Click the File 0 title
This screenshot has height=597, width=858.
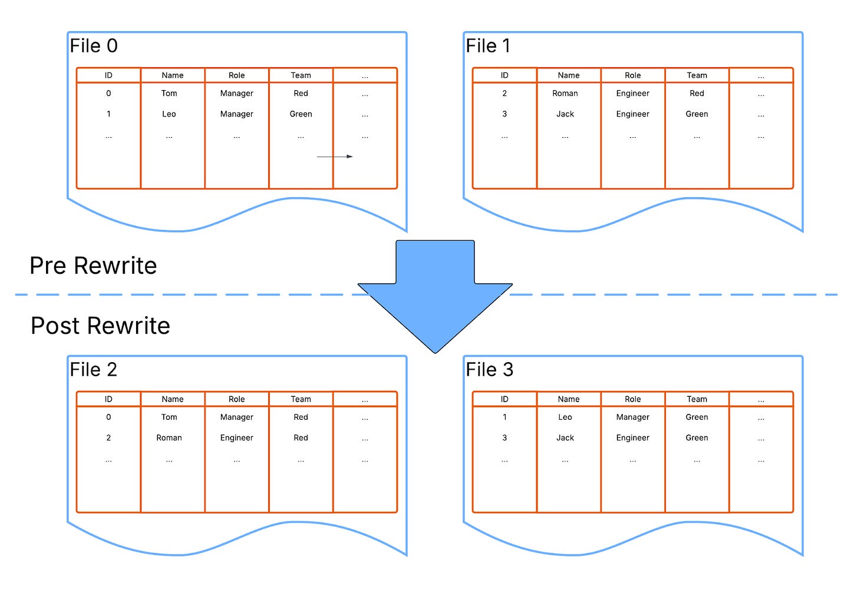[94, 46]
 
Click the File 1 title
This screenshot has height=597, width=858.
[488, 46]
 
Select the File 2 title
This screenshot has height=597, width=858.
[94, 370]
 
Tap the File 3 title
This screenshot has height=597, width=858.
[489, 370]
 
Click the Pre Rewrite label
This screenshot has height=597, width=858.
[93, 266]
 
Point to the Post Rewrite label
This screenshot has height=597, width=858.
[100, 326]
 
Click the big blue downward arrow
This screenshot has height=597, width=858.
[435, 294]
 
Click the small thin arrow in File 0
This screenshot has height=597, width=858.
[335, 157]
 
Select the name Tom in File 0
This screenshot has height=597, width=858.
[169, 94]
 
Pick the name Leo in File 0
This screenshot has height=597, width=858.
[169, 114]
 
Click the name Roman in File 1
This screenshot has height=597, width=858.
[565, 94]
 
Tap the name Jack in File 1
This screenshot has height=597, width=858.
[565, 114]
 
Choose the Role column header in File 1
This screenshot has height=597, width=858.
[633, 75]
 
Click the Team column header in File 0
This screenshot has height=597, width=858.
[301, 75]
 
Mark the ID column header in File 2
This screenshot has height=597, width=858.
[108, 399]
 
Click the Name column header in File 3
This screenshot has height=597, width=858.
[569, 399]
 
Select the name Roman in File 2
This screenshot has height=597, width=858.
[169, 438]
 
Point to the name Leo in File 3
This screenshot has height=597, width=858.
[565, 417]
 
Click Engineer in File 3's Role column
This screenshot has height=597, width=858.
[633, 438]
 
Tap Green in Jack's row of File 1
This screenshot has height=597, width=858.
[697, 114]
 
